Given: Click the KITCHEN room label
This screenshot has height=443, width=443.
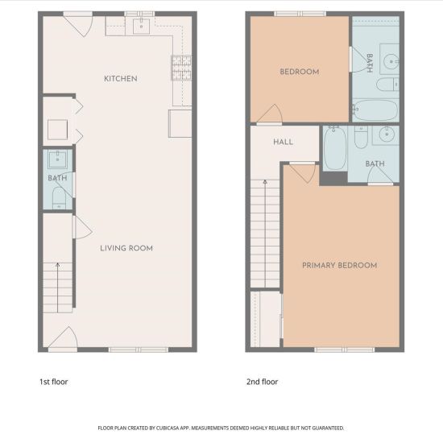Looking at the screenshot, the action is click(x=121, y=79).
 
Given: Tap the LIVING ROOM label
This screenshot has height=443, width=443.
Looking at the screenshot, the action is click(x=126, y=248).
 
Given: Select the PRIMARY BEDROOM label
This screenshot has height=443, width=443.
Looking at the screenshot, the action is click(x=340, y=265).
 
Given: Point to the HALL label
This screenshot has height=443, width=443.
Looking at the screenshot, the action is click(x=283, y=142).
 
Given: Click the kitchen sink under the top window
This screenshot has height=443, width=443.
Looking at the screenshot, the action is click(x=141, y=27).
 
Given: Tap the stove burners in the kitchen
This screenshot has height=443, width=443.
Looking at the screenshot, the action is click(x=181, y=68).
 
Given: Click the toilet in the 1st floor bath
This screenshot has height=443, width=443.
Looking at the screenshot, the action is click(x=59, y=198).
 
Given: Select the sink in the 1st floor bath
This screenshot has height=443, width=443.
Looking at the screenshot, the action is click(x=58, y=159).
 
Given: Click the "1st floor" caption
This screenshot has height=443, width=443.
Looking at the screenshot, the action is click(x=54, y=382).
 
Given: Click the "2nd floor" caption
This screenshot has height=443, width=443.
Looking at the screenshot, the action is click(x=263, y=382).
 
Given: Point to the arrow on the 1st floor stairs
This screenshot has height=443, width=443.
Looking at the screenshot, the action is click(x=58, y=288).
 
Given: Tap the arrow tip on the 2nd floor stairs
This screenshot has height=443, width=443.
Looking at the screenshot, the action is click(x=265, y=180).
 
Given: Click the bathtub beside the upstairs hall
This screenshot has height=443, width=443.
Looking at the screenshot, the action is click(x=335, y=147).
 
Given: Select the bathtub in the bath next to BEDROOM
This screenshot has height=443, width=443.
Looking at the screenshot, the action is click(x=375, y=110).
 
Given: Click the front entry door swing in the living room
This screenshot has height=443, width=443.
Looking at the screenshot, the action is click(x=63, y=337).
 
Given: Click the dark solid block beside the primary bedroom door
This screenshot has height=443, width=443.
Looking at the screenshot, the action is click(x=333, y=178).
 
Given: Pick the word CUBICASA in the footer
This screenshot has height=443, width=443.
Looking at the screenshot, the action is click(x=168, y=428).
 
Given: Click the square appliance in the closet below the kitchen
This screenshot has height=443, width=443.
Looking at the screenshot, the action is click(x=58, y=130).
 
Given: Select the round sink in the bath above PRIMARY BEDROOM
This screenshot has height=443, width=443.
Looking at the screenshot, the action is click(x=386, y=134).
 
